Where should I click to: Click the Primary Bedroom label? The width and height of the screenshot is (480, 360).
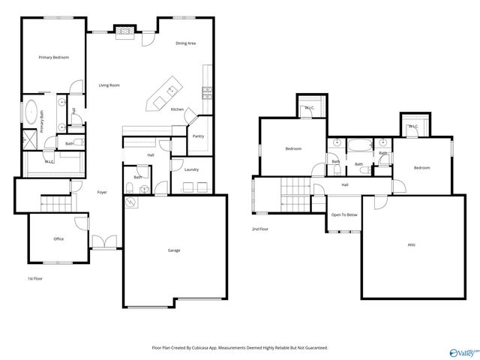pos(54,57)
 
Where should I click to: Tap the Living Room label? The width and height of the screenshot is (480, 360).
pos(109,85)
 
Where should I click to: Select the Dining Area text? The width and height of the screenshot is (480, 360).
pos(186,43)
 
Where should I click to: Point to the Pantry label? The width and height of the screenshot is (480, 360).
pos(198,136)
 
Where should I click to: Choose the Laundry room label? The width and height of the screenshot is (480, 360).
pos(191,169)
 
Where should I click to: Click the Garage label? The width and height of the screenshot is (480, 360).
pos(174,250)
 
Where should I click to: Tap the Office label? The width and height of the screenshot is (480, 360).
pos(58,239)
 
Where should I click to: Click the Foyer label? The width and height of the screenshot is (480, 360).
pos(102,193)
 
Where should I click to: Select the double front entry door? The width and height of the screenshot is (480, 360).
pos(105,241)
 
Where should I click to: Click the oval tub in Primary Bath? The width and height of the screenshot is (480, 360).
pos(31,114)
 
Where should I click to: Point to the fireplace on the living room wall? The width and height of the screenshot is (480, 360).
pos(124,31)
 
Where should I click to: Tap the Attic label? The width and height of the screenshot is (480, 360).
pos(412,244)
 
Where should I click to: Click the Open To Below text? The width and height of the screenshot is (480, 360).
pos(344,215)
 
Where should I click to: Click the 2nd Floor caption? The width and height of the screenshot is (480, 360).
pos(259,229)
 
